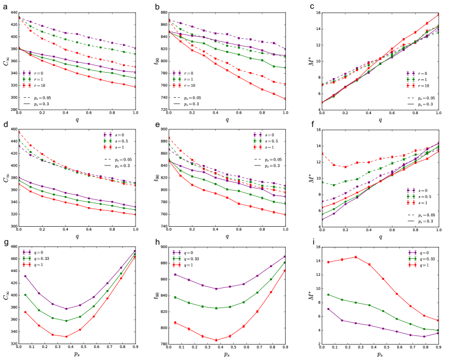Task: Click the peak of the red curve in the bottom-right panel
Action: click(x=356, y=257)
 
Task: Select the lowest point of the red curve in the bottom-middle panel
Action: click(x=216, y=340)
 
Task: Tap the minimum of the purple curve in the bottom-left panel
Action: click(x=66, y=309)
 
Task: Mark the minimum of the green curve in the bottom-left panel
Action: click(x=66, y=321)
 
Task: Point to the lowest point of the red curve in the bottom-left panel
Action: click(x=66, y=337)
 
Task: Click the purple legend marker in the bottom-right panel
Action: click(x=412, y=252)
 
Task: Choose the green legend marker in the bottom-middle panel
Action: click(x=177, y=258)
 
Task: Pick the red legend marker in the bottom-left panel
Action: click(x=27, y=264)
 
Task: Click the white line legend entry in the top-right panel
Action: click(x=410, y=91)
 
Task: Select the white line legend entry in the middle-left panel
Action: click(x=108, y=153)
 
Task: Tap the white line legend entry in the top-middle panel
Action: click(x=176, y=91)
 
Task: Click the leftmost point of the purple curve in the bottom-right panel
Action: click(x=328, y=309)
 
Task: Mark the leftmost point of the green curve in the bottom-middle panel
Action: click(x=175, y=297)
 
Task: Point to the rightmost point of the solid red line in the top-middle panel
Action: click(x=285, y=99)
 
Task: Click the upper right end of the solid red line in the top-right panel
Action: click(x=438, y=15)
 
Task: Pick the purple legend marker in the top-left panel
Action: click(x=27, y=72)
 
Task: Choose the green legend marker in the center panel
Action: click(x=257, y=140)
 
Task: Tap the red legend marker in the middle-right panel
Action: click(x=411, y=202)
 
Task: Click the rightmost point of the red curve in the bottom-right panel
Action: click(x=438, y=320)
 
